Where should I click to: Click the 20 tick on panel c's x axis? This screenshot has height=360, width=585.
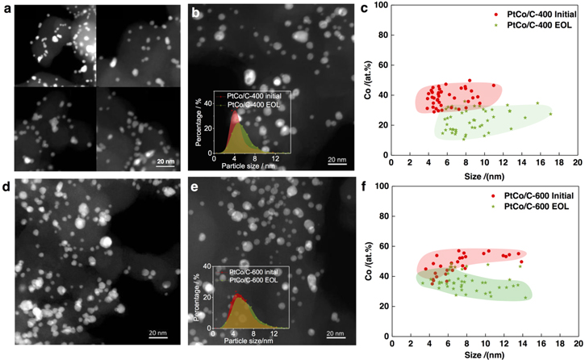coord(576,164)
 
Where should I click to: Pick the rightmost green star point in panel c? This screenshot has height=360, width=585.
coord(550,114)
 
